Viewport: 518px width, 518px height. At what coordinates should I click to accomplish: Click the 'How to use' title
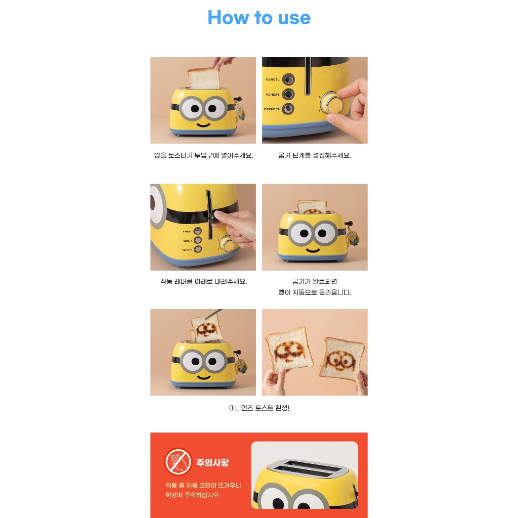coord(259,18)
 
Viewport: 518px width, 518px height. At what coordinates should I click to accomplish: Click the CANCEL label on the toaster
coord(273,79)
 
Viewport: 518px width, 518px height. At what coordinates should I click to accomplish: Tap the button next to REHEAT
coord(288,94)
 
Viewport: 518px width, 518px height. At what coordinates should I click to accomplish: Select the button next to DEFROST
coord(288,109)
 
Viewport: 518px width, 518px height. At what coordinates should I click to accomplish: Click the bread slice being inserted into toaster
coord(204,79)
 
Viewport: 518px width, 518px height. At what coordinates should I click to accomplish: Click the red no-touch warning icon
coord(178,461)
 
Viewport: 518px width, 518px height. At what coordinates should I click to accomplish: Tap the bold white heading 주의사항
coord(212,462)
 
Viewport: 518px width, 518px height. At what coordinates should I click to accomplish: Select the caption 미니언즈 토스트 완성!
coord(259,408)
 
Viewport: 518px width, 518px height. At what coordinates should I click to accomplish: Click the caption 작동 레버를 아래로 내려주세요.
coord(203,281)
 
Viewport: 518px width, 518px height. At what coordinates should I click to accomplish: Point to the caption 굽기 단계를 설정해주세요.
coord(315,155)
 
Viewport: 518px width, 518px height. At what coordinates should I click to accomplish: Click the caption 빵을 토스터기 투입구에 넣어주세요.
coord(203,155)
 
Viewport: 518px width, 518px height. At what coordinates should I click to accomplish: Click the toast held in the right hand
coord(341,359)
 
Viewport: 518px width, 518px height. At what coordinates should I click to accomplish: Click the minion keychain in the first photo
coord(240,112)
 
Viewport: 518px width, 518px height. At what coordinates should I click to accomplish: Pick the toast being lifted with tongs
coord(205,328)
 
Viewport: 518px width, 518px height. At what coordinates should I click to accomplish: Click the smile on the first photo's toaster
coord(203,125)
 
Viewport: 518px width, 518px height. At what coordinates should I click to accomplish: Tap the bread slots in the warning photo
coord(304,468)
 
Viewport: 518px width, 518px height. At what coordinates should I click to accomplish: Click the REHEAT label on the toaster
coord(273,95)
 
